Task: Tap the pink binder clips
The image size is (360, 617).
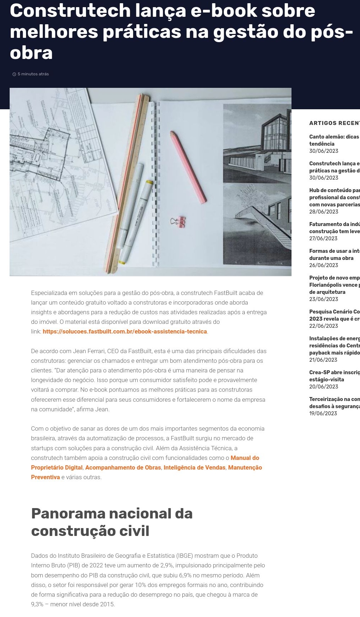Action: point(178,222)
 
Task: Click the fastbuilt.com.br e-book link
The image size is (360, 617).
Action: point(125,331)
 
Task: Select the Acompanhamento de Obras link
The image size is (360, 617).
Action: point(123,467)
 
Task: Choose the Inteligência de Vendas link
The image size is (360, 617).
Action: point(194,467)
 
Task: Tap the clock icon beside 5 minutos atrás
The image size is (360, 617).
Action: point(14,74)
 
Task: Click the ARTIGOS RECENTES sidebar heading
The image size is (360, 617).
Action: point(334,123)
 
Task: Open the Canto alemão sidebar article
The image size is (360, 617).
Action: point(334,140)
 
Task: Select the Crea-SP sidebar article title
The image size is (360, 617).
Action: point(334,376)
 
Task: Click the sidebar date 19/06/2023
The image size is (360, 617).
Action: point(323,413)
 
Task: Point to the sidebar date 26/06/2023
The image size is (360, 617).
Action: point(323,265)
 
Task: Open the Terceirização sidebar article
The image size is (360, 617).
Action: point(334,402)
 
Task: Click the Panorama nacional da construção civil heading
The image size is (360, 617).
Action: point(112,522)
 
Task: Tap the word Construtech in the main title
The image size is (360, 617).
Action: point(70,11)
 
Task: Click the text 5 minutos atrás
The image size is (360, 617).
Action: point(33,74)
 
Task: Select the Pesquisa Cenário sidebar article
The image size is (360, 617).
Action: point(334,315)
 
